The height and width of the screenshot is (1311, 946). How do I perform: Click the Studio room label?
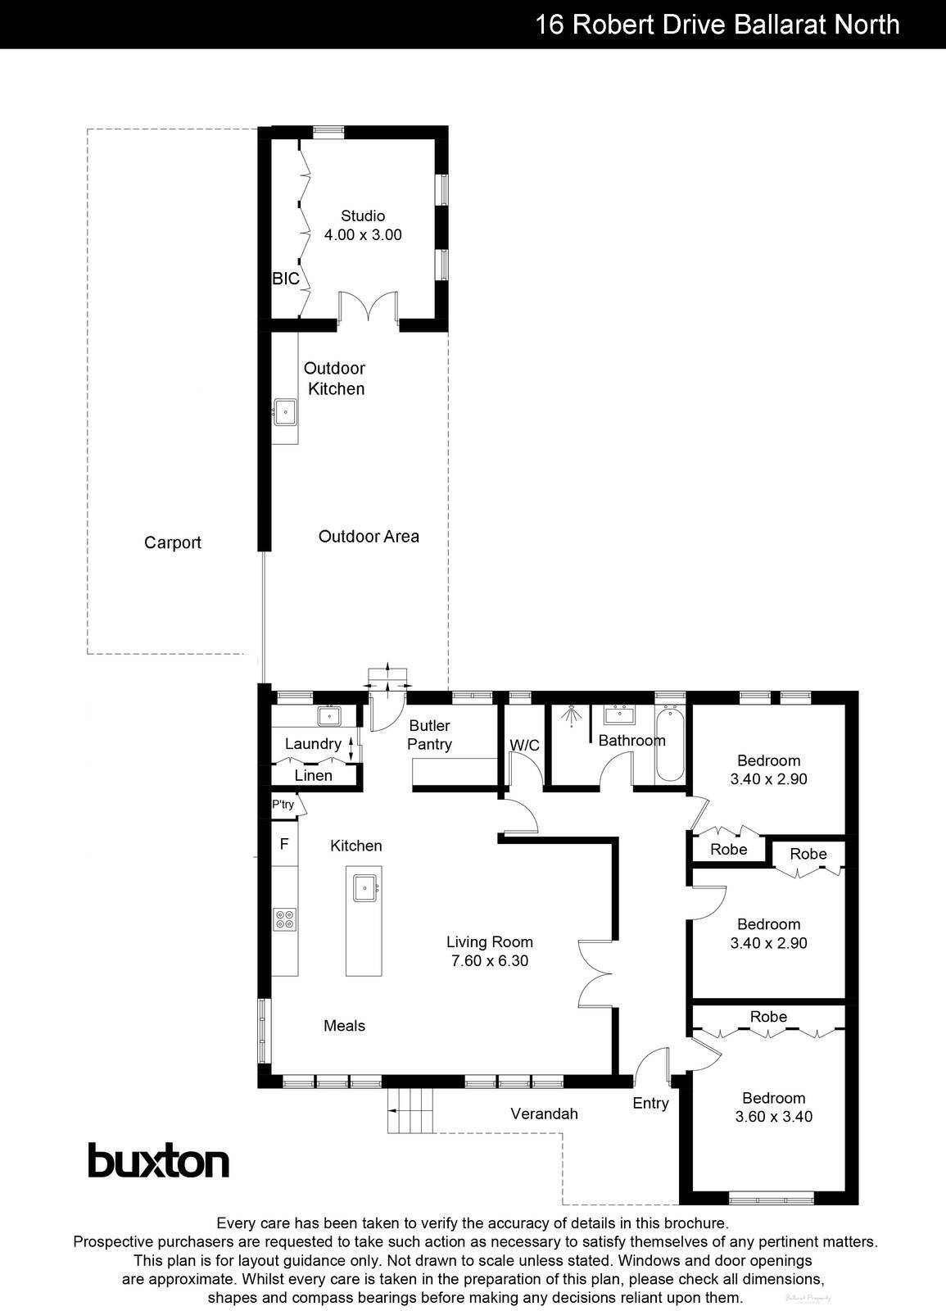363,216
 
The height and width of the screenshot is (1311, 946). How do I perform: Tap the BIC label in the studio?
286,279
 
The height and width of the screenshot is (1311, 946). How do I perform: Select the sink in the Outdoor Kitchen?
285,411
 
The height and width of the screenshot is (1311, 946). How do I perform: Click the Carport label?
172,542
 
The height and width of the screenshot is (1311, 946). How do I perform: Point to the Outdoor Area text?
369,537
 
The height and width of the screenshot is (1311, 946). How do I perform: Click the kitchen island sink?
364,887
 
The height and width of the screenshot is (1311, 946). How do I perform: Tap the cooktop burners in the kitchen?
285,919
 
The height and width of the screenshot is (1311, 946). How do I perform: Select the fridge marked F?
284,843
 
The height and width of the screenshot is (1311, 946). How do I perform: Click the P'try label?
283,805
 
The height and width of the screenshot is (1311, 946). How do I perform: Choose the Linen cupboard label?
313,775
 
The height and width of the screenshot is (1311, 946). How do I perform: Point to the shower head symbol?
569,715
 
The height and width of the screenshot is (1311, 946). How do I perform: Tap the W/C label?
524,745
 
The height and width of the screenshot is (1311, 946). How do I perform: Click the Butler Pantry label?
429,735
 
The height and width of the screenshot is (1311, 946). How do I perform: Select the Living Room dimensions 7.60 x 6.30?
490,961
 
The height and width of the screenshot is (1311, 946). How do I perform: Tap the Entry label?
650,1104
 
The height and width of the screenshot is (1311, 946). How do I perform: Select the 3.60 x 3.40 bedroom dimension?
773,1116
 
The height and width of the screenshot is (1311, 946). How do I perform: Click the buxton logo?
158,1160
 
